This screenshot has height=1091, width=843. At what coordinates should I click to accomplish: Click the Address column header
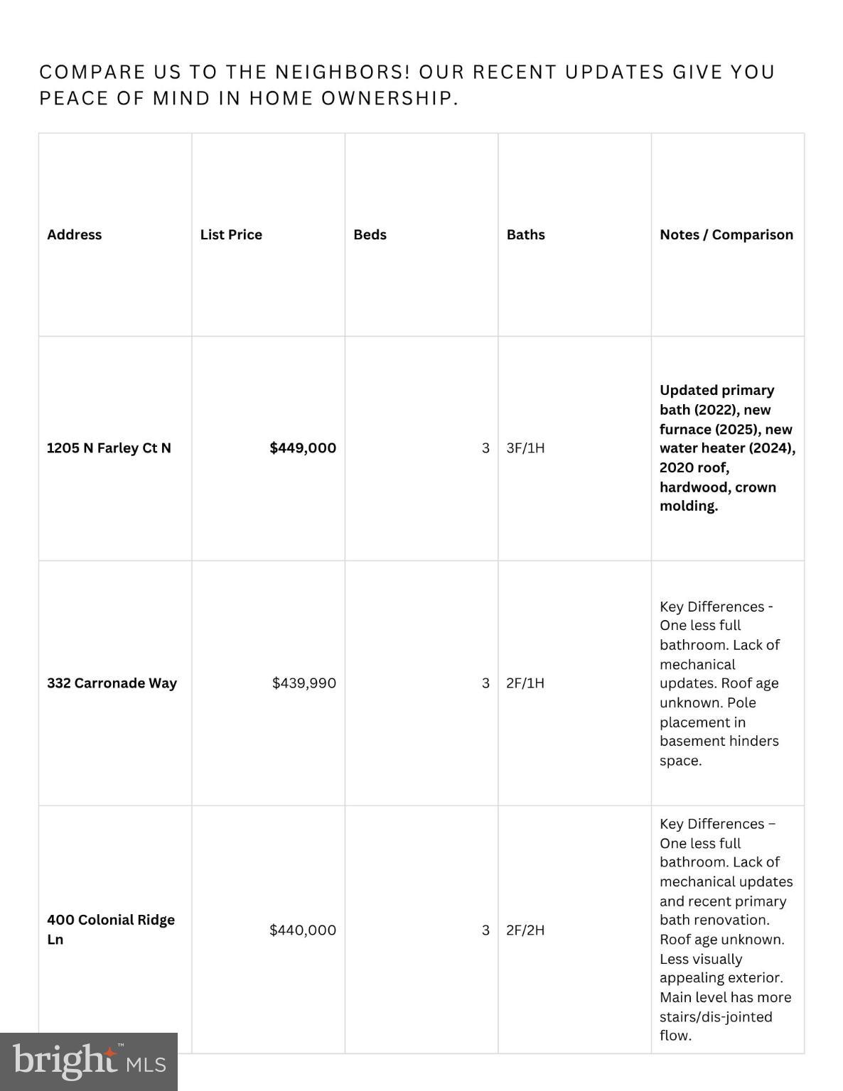pyautogui.click(x=74, y=234)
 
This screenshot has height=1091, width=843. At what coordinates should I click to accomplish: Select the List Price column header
pyautogui.click(x=231, y=234)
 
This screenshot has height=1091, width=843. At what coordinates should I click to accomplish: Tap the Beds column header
pyautogui.click(x=370, y=234)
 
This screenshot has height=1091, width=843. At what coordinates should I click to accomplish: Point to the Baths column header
pyautogui.click(x=525, y=234)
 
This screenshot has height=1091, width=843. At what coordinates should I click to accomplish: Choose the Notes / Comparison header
pyautogui.click(x=726, y=234)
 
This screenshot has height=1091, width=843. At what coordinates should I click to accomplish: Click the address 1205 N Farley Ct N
pyautogui.click(x=109, y=447)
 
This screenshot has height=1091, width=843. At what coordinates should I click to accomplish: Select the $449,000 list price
pyautogui.click(x=303, y=447)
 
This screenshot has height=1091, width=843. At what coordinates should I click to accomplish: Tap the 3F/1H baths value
pyautogui.click(x=525, y=447)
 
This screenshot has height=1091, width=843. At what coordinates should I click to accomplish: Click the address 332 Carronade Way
pyautogui.click(x=112, y=683)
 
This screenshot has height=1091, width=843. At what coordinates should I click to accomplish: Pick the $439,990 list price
pyautogui.click(x=304, y=683)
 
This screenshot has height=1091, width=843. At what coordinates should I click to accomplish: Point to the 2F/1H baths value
pyautogui.click(x=525, y=683)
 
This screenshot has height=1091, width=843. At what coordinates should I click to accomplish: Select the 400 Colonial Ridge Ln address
pyautogui.click(x=110, y=929)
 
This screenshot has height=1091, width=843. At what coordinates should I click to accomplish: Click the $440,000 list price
pyautogui.click(x=302, y=930)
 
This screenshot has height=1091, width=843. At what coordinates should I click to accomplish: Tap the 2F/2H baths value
pyautogui.click(x=525, y=930)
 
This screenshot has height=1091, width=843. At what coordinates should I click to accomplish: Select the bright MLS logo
pyautogui.click(x=89, y=1062)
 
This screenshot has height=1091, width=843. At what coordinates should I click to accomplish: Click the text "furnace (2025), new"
pyautogui.click(x=725, y=429)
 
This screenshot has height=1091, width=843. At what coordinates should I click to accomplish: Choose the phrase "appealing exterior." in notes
pyautogui.click(x=721, y=977)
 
